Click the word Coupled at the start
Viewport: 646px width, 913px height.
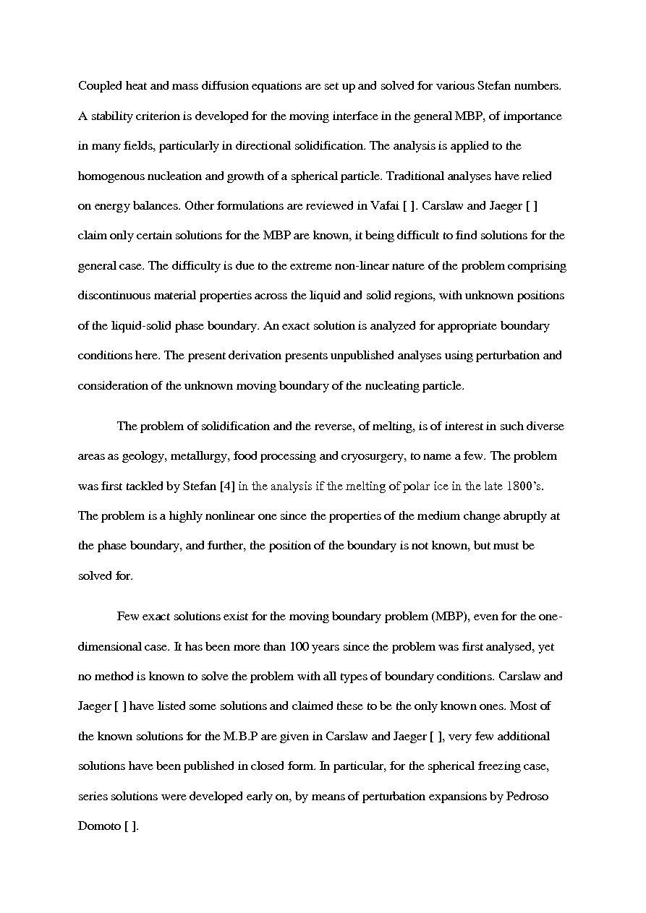click(101, 86)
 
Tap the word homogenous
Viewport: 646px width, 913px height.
click(111, 176)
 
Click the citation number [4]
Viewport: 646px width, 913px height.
click(226, 486)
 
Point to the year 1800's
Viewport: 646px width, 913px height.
click(523, 486)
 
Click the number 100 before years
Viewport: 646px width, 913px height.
click(299, 647)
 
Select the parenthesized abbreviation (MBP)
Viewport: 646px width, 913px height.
click(453, 617)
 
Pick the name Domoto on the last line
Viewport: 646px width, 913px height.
click(99, 826)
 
